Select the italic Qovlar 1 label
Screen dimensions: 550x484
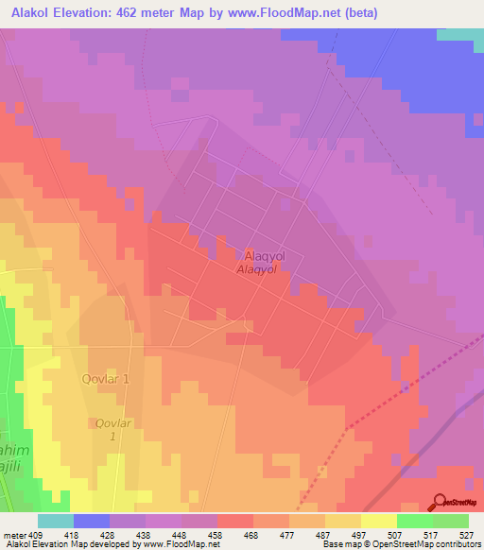click(111, 431)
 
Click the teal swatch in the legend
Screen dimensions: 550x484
click(56, 521)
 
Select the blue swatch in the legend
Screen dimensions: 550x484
click(92, 521)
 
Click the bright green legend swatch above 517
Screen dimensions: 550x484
click(415, 521)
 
